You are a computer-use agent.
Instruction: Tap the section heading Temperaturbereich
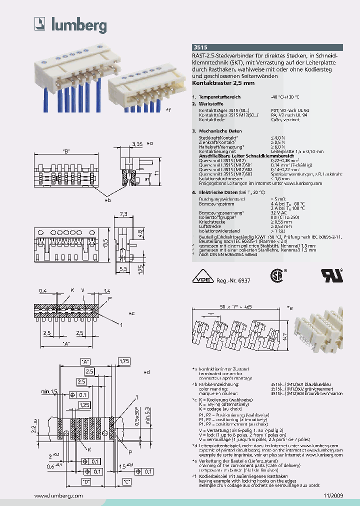click(x=219, y=96)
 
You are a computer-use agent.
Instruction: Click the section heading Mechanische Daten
click(x=218, y=130)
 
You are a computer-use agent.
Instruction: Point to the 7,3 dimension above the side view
click(x=124, y=214)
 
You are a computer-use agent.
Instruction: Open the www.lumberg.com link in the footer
click(x=58, y=495)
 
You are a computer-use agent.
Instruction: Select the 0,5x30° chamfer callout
click(x=136, y=414)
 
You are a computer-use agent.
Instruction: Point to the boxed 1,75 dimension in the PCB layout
click(x=124, y=360)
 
